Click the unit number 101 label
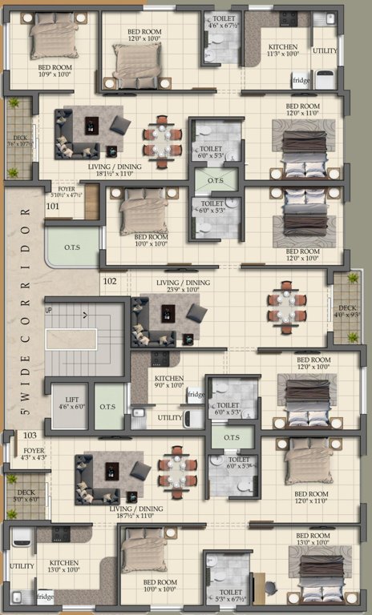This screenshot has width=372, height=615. pos(53,207)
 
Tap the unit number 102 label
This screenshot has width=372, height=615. pos(110,281)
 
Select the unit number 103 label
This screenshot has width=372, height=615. pos(30,435)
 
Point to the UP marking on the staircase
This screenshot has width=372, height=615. pos(49,310)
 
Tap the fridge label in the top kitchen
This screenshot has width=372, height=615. pos(301,81)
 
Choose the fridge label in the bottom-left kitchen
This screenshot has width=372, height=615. pos(46,597)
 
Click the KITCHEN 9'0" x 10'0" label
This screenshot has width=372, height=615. pos(169,382)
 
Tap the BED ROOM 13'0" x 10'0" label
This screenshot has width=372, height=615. pos(313,539)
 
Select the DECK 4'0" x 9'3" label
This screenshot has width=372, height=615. pos(346,312)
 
